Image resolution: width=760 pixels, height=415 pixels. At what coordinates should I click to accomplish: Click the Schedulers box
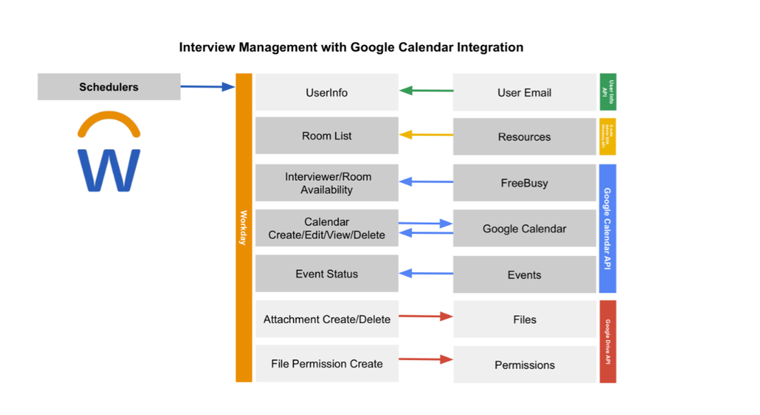click(108, 87)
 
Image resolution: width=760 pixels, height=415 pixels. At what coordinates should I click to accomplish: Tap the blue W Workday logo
click(108, 169)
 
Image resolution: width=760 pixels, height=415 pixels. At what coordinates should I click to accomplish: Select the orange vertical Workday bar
click(243, 227)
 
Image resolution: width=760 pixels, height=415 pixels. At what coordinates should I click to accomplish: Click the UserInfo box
click(327, 93)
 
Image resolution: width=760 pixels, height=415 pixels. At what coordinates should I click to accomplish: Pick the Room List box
click(327, 136)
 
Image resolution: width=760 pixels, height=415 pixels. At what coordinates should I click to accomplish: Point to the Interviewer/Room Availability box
click(327, 183)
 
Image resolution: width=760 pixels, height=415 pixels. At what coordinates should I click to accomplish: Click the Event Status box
click(327, 274)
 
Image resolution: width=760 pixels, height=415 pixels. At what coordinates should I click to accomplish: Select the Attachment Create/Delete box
click(327, 320)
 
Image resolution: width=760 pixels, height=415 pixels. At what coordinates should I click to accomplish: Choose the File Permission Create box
click(327, 364)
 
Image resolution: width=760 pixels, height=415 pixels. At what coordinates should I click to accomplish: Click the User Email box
click(524, 93)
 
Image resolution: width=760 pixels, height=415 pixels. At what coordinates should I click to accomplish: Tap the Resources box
click(524, 137)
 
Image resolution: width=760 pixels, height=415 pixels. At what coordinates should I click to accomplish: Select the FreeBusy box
click(524, 184)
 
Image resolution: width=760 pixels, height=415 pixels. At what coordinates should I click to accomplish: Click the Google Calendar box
click(524, 229)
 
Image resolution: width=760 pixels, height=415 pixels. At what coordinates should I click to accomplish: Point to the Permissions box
click(524, 365)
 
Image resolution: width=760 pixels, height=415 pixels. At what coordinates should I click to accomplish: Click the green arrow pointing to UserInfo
click(426, 90)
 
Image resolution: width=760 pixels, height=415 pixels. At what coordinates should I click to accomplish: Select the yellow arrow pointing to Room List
click(426, 135)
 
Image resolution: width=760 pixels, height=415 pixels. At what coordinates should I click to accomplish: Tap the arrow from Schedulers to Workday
click(207, 87)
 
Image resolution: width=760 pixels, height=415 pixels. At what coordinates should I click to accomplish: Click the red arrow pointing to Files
click(426, 316)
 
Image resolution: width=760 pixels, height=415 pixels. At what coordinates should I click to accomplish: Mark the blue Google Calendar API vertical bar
click(607, 229)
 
